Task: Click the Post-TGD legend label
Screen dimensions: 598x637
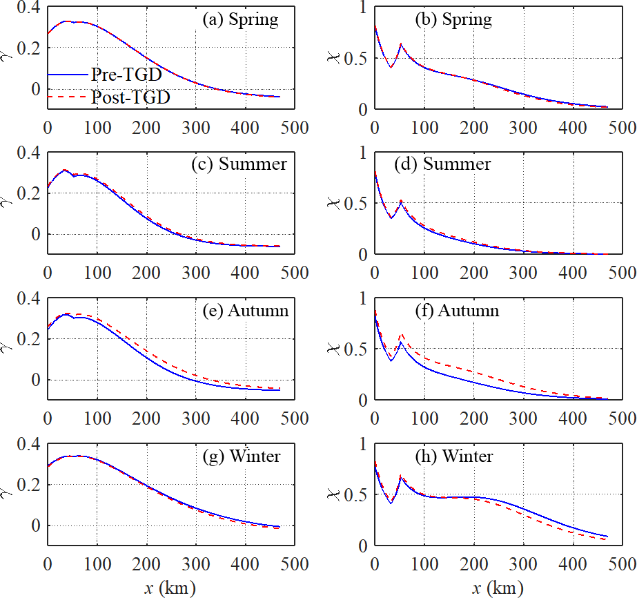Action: (130, 98)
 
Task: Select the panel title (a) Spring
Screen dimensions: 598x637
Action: (240, 19)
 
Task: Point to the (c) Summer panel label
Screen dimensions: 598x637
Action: (239, 165)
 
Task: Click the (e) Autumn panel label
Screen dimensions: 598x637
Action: (242, 311)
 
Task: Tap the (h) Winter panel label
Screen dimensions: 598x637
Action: (453, 456)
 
